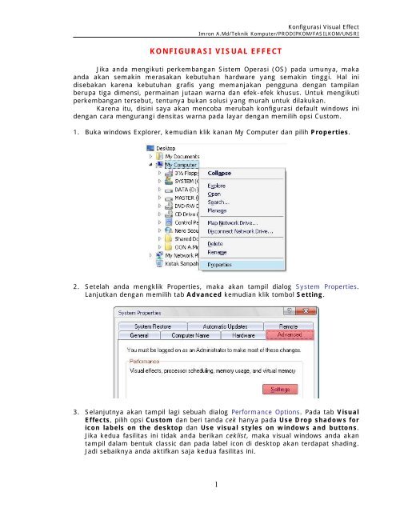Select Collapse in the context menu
(220, 172)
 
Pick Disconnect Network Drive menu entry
(242, 230)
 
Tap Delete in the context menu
(217, 243)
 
